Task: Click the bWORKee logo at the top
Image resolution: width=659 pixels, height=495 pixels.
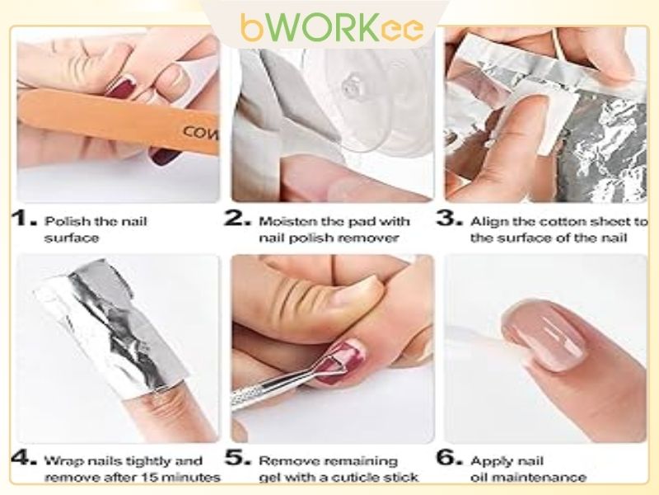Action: [x=332, y=27]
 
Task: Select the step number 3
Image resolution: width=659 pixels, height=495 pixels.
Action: [x=450, y=221]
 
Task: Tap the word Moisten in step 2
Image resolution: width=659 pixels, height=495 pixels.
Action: [x=282, y=221]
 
